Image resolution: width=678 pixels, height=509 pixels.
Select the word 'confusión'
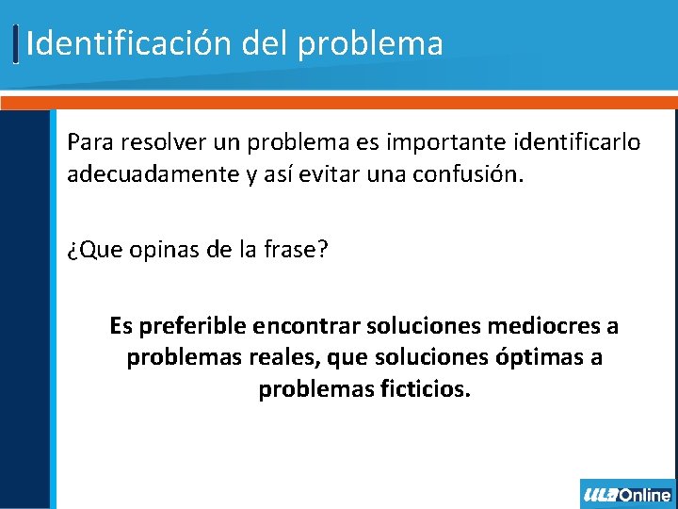tap(467, 174)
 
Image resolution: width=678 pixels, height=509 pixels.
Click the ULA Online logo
tap(627, 494)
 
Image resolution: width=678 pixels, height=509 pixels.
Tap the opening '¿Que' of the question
tap(88, 253)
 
